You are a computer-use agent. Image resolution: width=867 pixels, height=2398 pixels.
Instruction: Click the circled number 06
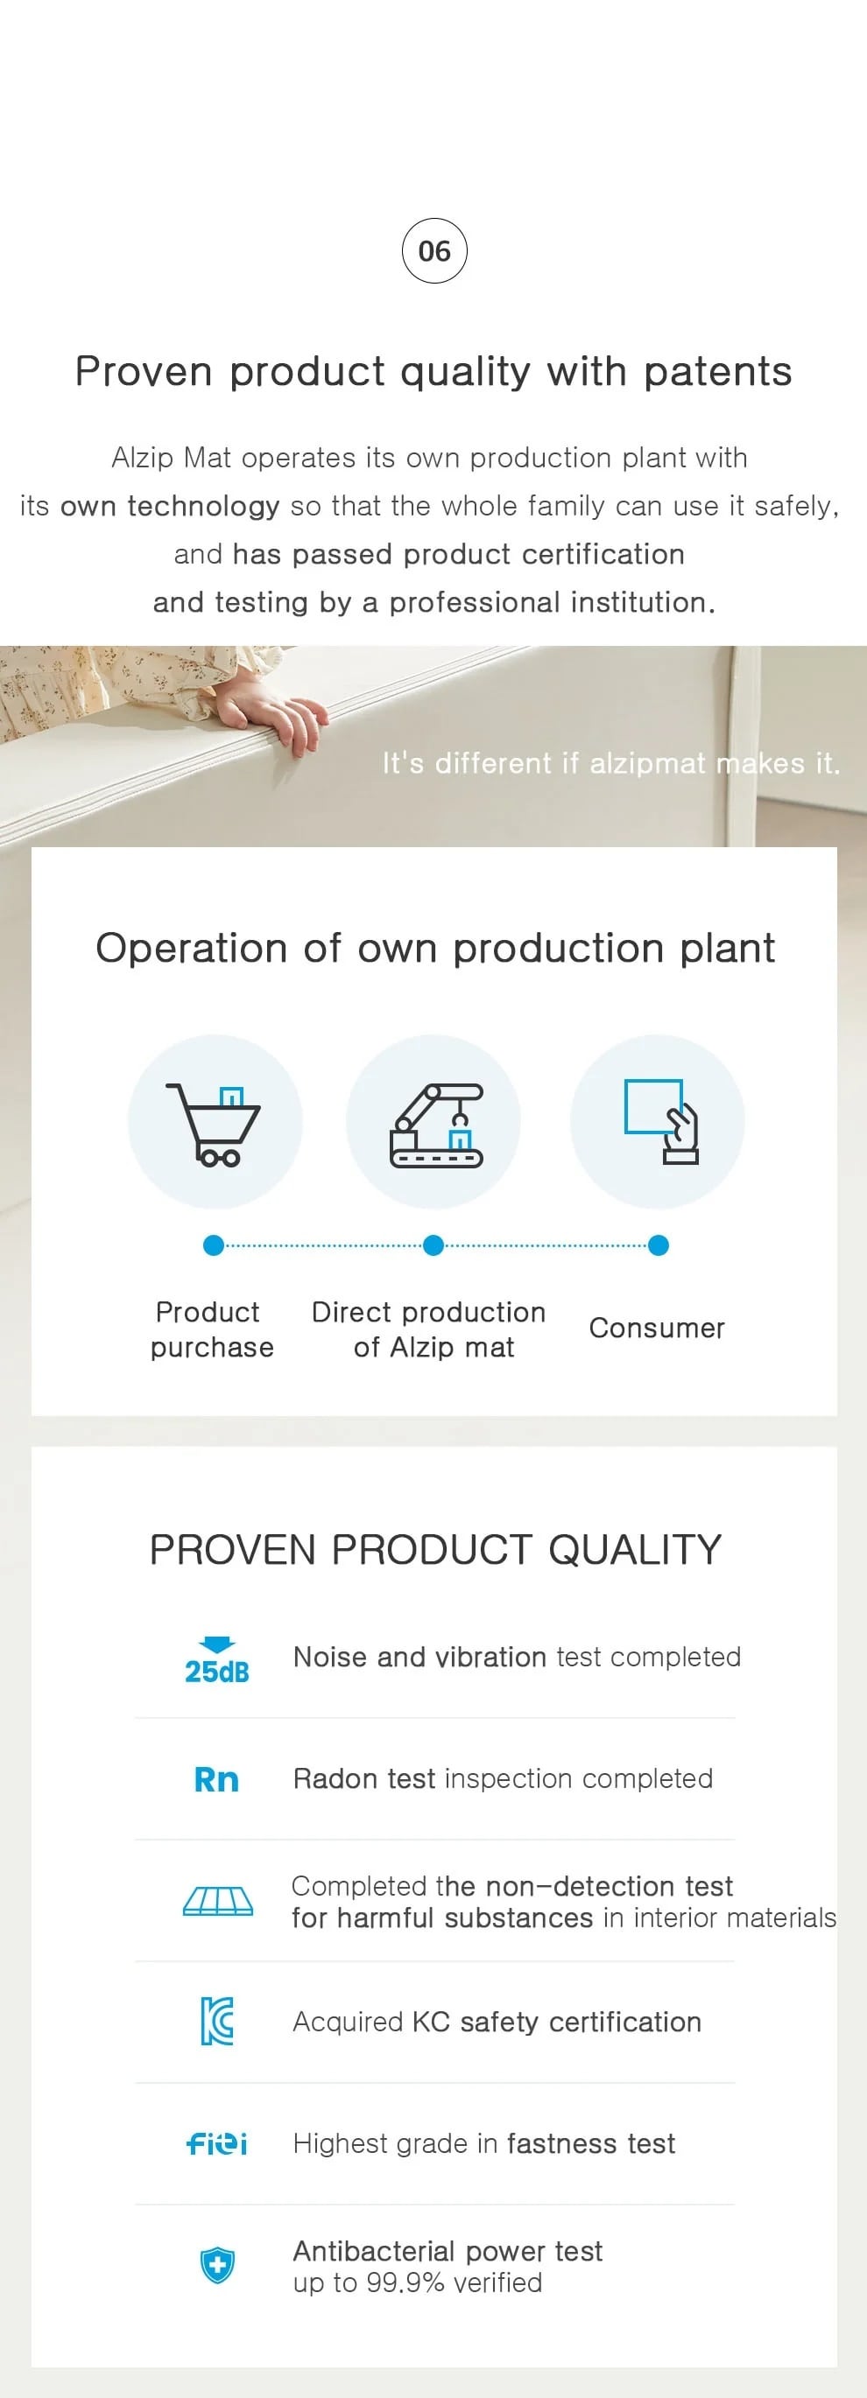(434, 250)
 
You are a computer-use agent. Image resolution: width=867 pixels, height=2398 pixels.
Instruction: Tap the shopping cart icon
(214, 1124)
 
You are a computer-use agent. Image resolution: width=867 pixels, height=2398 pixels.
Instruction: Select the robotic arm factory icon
(436, 1125)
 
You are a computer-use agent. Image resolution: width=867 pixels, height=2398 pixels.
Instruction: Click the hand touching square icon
(661, 1121)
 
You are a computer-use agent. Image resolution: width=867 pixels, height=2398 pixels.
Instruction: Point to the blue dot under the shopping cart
(214, 1245)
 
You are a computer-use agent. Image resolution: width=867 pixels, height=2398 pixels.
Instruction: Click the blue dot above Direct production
(433, 1245)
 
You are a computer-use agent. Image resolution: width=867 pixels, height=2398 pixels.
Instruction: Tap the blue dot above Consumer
(659, 1245)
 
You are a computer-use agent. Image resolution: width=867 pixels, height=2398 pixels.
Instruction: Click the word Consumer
(657, 1328)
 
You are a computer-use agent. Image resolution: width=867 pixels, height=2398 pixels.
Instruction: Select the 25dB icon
(217, 1661)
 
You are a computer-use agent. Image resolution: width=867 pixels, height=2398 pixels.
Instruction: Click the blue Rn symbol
(216, 1779)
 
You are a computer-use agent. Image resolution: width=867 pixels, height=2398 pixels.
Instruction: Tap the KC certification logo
(217, 2021)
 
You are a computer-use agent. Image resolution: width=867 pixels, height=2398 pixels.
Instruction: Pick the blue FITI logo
(217, 2144)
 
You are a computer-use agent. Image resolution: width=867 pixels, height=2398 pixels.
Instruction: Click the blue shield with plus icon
(217, 2265)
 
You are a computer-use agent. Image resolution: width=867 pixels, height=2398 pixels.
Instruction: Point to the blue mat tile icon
(218, 1901)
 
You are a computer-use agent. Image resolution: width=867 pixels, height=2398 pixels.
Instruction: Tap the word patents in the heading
(717, 371)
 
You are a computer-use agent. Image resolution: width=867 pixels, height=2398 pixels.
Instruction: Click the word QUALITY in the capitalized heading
(634, 1550)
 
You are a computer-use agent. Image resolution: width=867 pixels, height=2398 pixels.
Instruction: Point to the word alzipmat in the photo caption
(648, 764)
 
